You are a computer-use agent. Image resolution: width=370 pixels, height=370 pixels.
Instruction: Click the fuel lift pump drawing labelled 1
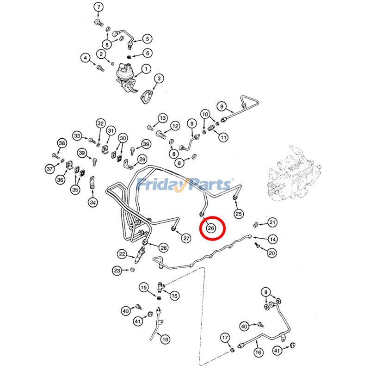(127, 75)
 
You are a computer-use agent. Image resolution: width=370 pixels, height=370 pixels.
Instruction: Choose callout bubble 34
(93, 202)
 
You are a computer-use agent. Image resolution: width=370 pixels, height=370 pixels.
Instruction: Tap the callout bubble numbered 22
(122, 254)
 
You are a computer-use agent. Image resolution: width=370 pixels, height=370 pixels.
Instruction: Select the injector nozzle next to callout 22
(141, 253)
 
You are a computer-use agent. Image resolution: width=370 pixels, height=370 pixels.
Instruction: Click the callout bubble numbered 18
(165, 339)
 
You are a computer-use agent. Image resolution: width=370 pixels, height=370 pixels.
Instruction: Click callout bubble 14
(273, 239)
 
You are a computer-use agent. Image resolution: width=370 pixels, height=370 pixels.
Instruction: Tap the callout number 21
(273, 223)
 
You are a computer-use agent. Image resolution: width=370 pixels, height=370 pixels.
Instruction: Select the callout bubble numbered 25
(239, 213)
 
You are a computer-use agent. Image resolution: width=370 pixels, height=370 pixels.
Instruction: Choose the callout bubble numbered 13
(162, 118)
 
